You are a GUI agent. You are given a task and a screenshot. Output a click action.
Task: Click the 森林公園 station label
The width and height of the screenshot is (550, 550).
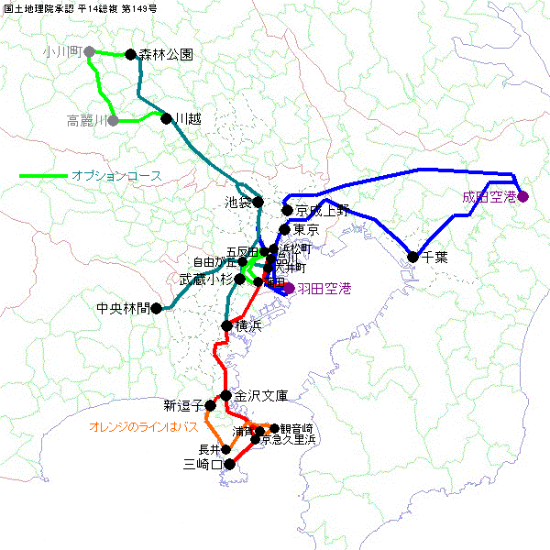166,54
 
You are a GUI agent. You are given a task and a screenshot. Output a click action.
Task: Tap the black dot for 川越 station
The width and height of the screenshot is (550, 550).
167,118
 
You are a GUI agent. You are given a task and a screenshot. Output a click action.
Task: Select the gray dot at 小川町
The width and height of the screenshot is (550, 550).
89,52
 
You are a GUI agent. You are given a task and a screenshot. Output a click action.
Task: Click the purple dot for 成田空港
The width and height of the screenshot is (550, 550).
522,196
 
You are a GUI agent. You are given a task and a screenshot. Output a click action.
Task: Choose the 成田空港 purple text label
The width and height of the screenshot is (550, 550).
489,196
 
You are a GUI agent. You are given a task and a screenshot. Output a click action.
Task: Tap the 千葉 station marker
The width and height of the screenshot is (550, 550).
412,257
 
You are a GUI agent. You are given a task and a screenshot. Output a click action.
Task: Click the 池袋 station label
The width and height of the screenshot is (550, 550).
237,202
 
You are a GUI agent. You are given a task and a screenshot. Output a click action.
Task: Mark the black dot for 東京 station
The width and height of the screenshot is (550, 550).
284,229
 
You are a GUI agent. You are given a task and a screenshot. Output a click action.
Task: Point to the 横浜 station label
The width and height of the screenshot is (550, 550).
249,326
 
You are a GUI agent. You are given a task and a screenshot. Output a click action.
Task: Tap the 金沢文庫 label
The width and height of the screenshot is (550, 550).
261,396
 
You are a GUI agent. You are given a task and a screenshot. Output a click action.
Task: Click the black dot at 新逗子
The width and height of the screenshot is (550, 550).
210,405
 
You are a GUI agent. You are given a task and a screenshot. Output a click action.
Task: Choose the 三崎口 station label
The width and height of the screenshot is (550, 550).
203,465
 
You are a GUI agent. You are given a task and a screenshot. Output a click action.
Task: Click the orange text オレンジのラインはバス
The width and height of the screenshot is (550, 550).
144,426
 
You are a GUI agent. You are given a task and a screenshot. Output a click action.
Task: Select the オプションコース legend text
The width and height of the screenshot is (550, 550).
116,175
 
